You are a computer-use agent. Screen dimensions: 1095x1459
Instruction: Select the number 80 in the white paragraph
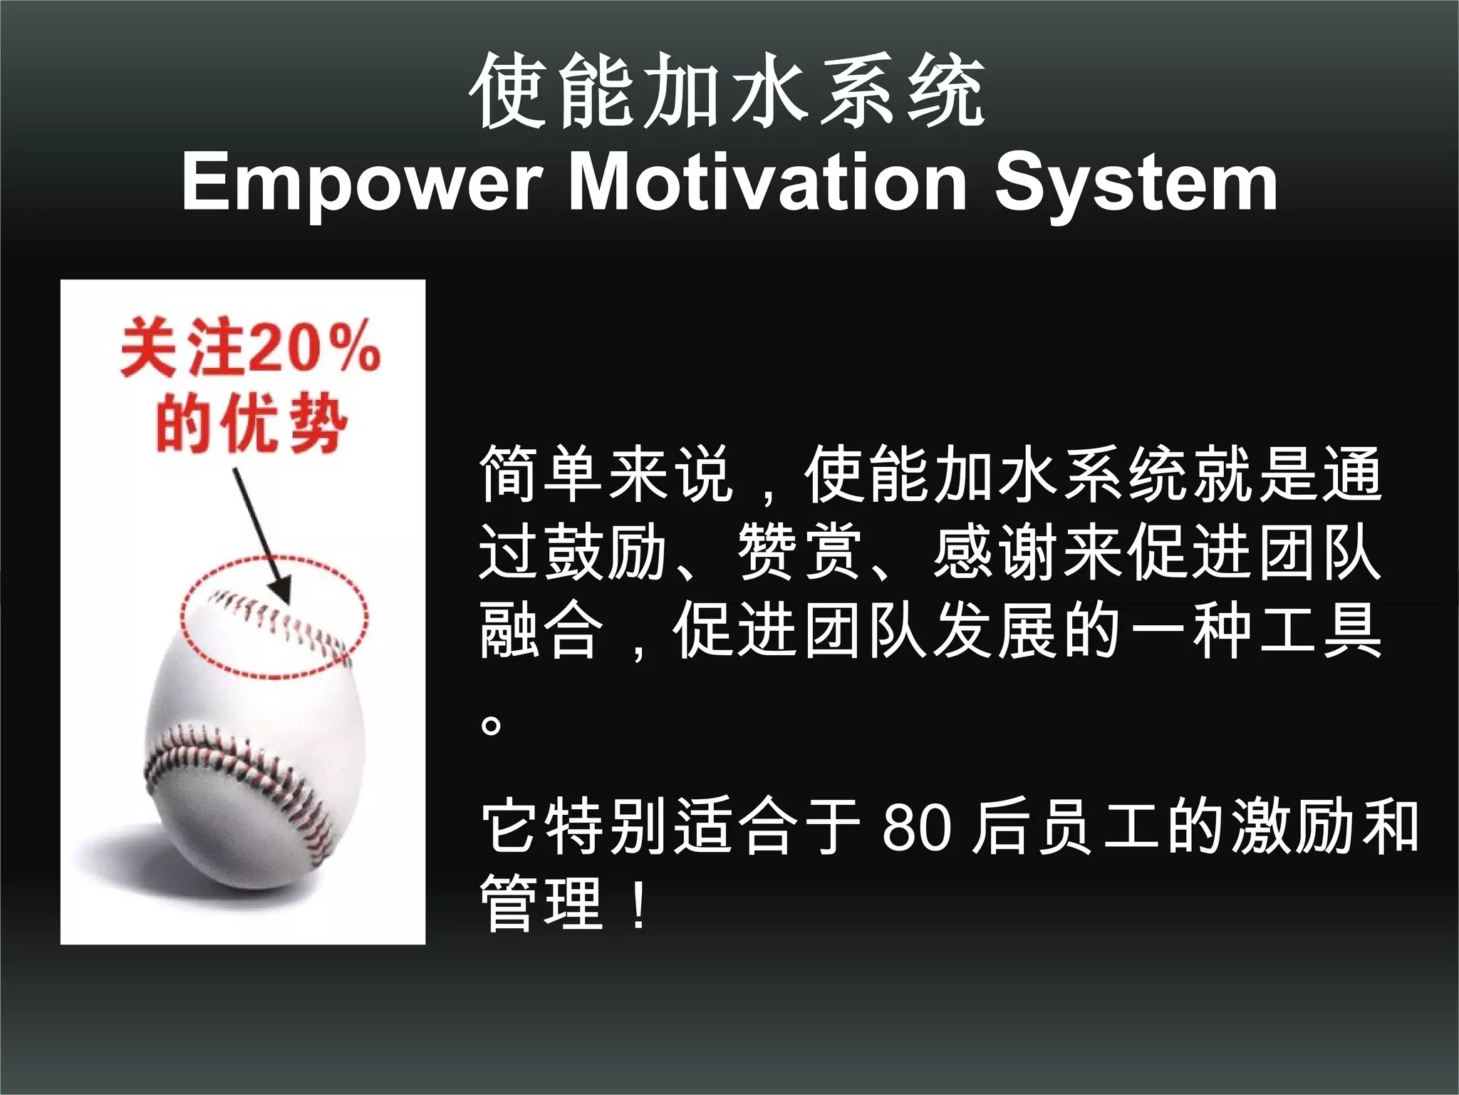coord(916,828)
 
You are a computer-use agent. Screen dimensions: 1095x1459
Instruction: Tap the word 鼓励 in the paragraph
coord(606,552)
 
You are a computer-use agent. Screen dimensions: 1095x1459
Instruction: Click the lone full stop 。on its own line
coord(492,726)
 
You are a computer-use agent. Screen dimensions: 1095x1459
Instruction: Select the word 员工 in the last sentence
coord(1069,828)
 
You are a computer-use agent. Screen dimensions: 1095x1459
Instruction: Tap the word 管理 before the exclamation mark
coord(541,904)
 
